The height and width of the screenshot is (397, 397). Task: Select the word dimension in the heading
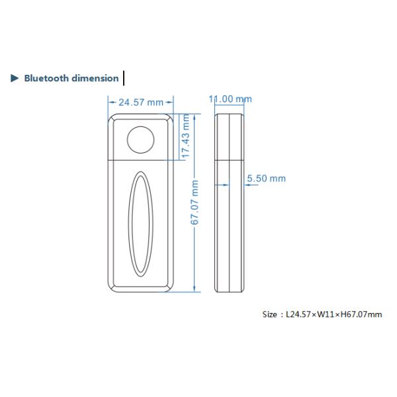point(96,78)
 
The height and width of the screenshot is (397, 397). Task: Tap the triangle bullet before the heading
point(15,78)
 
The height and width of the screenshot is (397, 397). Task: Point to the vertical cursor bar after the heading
point(124,78)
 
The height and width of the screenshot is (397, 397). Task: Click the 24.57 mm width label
point(140,103)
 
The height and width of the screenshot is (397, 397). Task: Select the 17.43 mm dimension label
point(186,136)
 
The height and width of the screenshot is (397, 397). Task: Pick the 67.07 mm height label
point(195,202)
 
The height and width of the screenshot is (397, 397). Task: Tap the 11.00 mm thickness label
point(230,99)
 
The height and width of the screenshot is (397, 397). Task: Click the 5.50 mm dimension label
point(266,179)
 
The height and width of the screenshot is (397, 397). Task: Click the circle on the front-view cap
point(140,138)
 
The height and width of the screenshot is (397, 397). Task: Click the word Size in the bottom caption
point(270,314)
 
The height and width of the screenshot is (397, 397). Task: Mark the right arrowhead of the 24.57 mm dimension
point(170,103)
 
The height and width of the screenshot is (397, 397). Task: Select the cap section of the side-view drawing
point(230,137)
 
